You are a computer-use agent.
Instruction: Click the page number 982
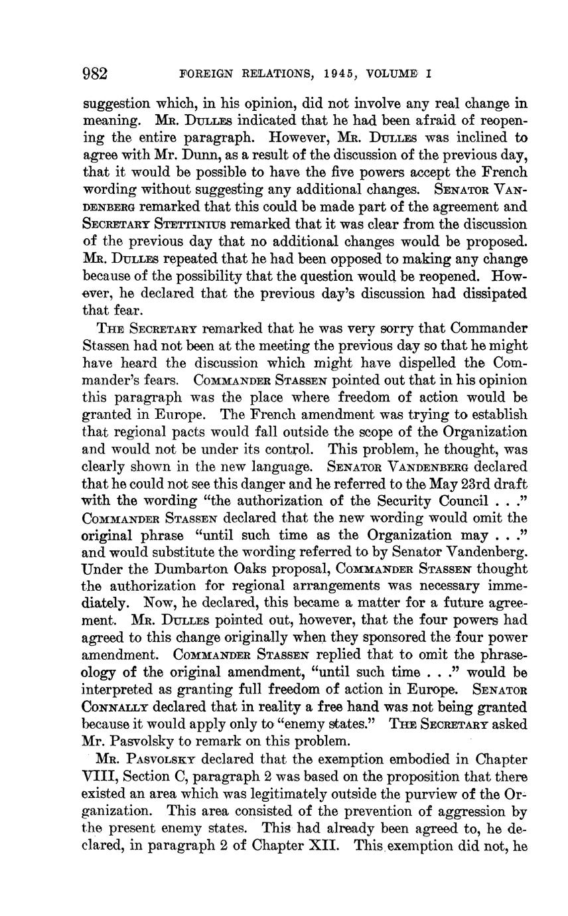[x=95, y=73]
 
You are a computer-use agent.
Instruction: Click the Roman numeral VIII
[x=98, y=777]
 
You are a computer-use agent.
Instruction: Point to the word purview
[x=440, y=794]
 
